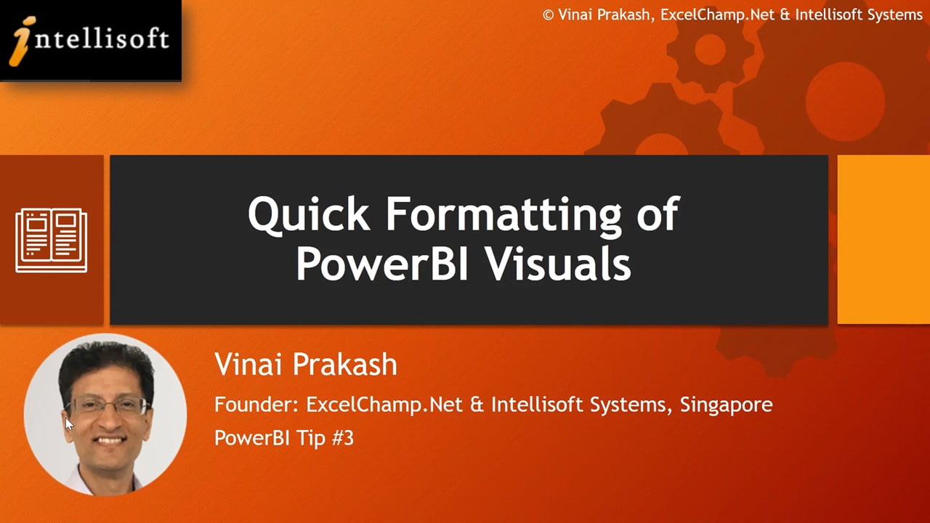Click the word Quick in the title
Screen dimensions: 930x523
click(309, 214)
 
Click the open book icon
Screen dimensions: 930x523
click(51, 240)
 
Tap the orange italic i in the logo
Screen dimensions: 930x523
click(22, 41)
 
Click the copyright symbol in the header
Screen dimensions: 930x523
click(548, 15)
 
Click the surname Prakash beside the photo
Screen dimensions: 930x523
click(345, 364)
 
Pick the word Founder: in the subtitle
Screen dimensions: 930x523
click(256, 405)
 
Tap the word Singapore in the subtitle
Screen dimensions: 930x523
click(726, 405)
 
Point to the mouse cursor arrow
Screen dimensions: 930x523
click(69, 424)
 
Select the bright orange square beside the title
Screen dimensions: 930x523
click(883, 240)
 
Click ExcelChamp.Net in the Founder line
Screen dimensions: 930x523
click(384, 405)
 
